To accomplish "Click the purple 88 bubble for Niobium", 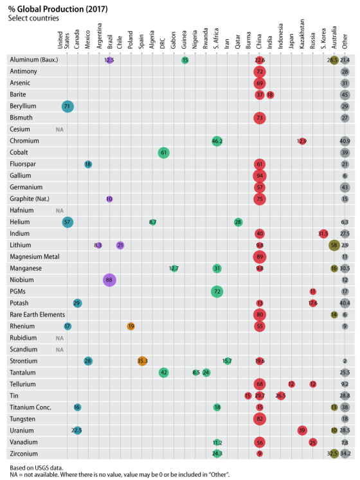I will [x=109, y=280].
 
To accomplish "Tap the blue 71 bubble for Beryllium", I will [x=67, y=106].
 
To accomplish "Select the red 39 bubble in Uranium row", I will [x=302, y=430].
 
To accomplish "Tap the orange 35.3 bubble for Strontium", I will [x=142, y=361].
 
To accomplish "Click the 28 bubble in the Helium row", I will [x=238, y=222].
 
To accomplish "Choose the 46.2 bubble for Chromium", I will [x=217, y=141].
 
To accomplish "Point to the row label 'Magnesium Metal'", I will [x=34, y=257].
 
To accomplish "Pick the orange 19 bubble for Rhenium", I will [x=131, y=326].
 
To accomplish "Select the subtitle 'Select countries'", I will [x=33, y=18].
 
